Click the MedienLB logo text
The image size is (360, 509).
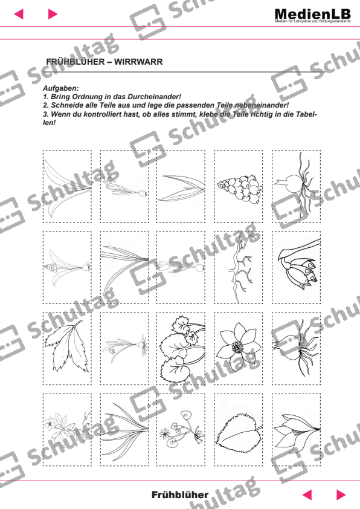click(x=312, y=14)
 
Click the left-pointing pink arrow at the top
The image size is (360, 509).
click(x=18, y=14)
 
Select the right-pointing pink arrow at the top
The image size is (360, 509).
click(x=53, y=14)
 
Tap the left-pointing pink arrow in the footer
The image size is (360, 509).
click(x=307, y=494)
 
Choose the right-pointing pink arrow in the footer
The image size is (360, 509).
click(x=341, y=494)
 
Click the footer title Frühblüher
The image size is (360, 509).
click(x=179, y=494)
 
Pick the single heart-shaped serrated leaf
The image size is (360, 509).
click(x=238, y=430)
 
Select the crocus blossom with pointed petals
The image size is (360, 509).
click(x=296, y=430)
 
